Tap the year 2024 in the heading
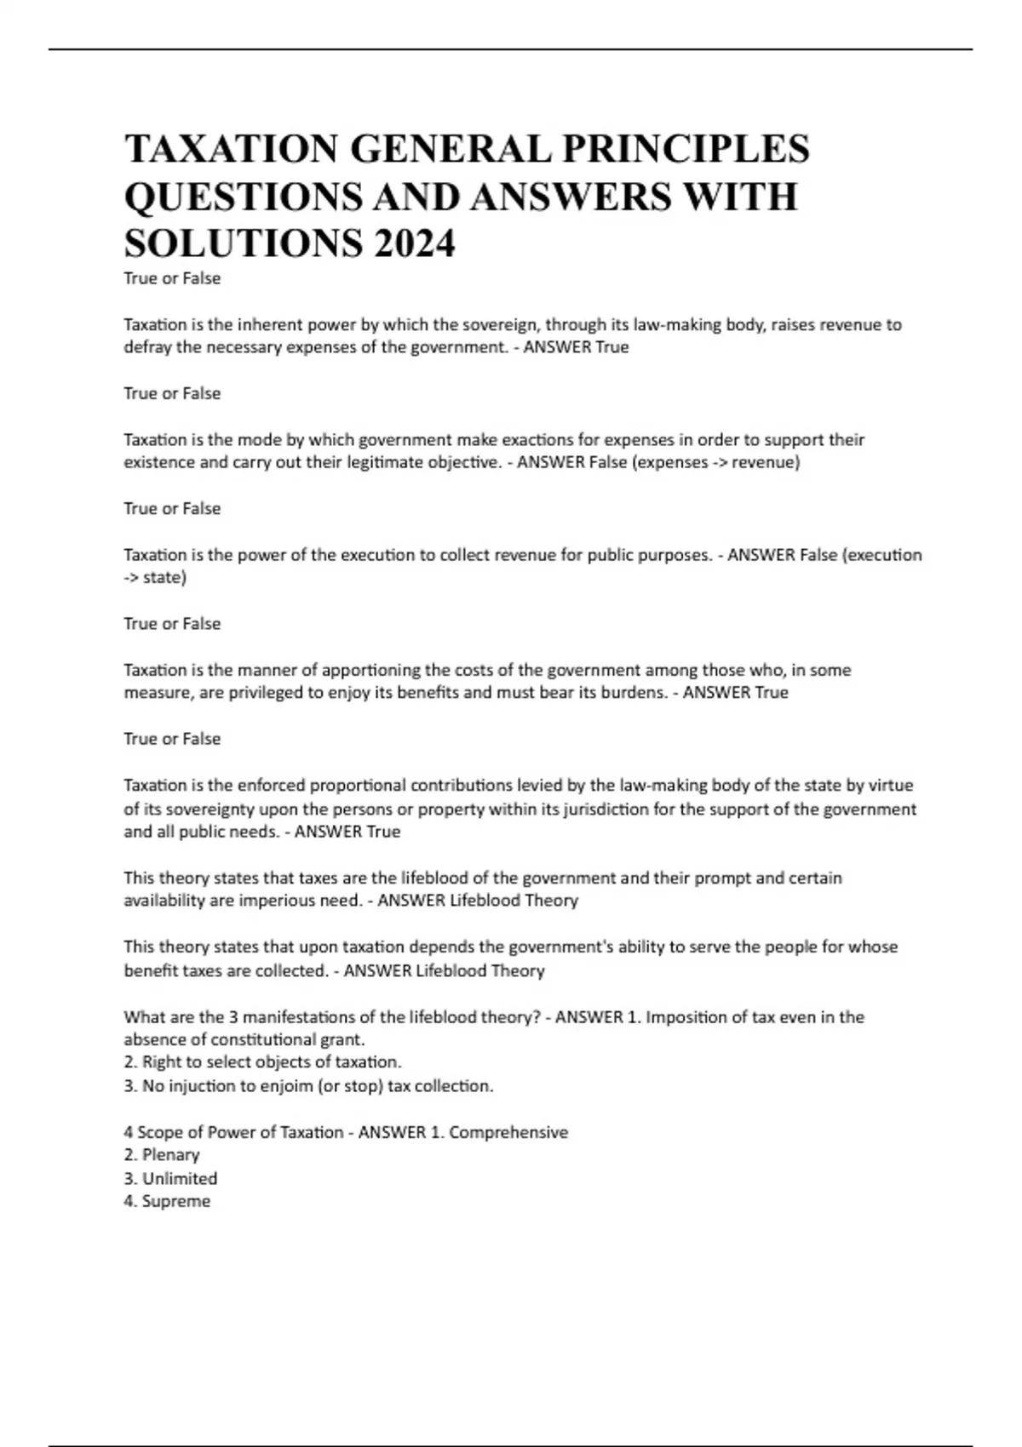tap(414, 244)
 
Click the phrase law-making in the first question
tap(663, 324)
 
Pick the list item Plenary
tap(170, 1155)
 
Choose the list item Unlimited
tap(179, 1178)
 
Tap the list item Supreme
tap(176, 1201)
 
